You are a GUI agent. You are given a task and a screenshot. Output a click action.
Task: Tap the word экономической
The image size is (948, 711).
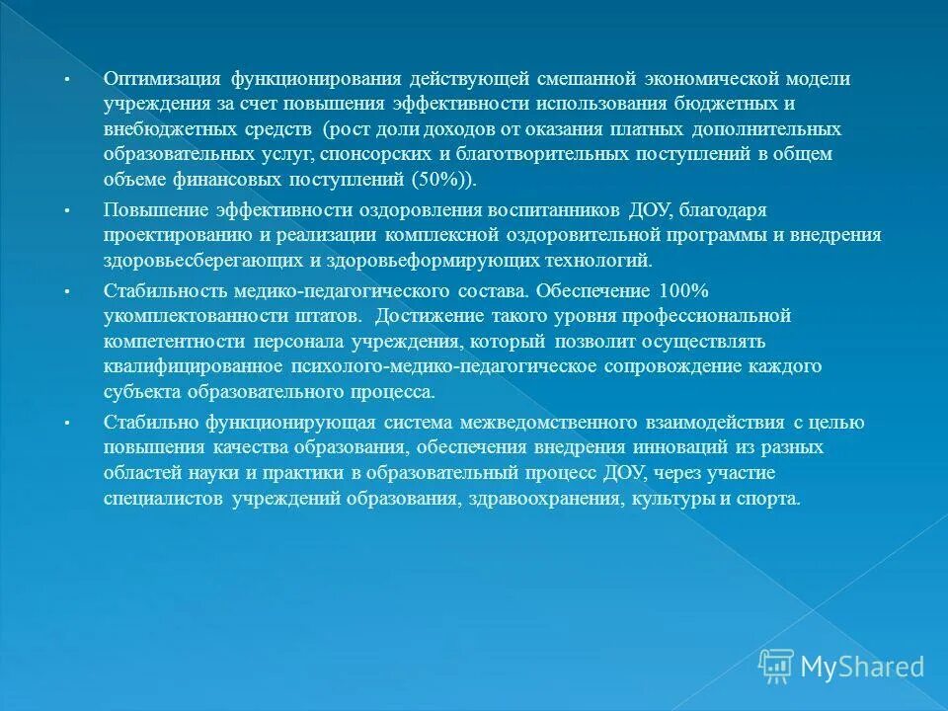712,79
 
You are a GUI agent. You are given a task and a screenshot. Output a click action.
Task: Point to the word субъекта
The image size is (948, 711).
137,392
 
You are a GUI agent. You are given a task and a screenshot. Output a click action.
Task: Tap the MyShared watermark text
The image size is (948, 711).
862,667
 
